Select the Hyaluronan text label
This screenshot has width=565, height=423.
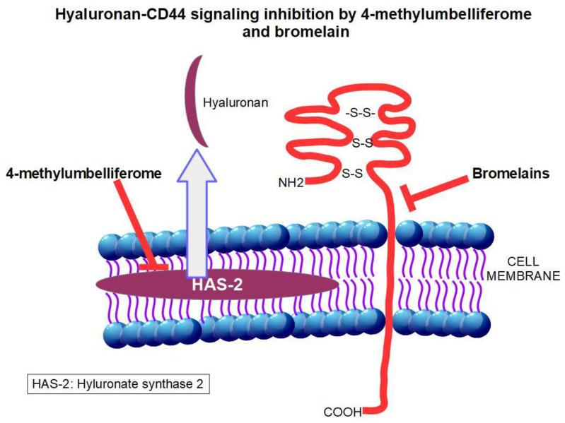pos(235,102)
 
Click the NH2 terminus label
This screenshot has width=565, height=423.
pos(292,184)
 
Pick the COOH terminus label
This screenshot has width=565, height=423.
pos(344,410)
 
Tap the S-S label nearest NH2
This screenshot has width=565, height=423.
pos(352,172)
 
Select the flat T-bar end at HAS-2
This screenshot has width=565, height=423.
pos(152,267)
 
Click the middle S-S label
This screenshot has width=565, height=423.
pos(363,144)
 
